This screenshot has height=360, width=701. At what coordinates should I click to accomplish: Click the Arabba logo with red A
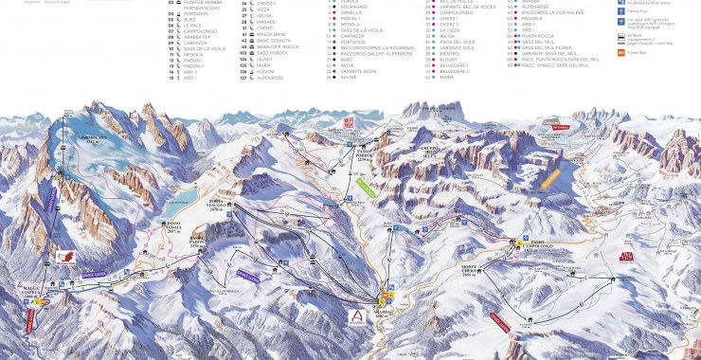[x=356, y=316]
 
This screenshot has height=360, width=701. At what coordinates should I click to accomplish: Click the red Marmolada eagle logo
[x=65, y=256]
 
